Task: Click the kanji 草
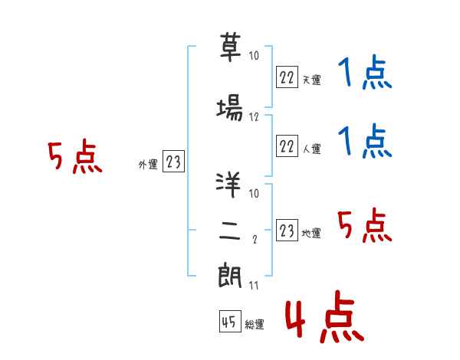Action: click(x=230, y=47)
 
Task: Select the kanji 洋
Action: click(x=228, y=185)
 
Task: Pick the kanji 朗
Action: click(x=230, y=276)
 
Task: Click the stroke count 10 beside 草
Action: click(x=254, y=55)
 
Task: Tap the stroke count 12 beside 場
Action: click(x=254, y=117)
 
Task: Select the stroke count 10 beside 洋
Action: click(x=254, y=193)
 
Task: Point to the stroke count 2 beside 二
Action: click(x=255, y=239)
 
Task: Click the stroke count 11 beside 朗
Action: click(x=254, y=285)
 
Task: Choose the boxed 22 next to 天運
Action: click(x=287, y=77)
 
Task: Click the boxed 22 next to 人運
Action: click(x=287, y=146)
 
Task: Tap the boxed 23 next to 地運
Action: click(x=287, y=230)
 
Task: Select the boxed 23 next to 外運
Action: click(x=173, y=161)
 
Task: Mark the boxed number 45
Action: click(x=230, y=322)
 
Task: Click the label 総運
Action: click(x=255, y=324)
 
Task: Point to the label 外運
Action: click(x=148, y=165)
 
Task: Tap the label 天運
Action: click(x=312, y=80)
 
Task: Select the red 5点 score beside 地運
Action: click(x=365, y=225)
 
